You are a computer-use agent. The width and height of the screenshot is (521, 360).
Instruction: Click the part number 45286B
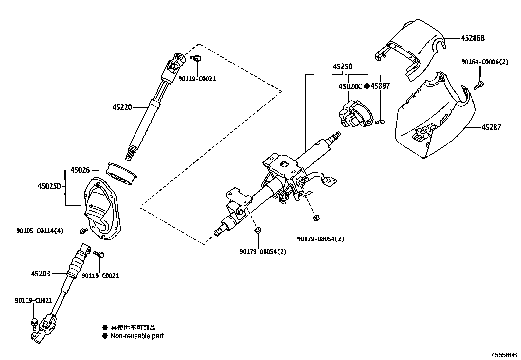(473, 38)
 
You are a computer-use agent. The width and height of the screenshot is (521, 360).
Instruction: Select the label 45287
(491, 127)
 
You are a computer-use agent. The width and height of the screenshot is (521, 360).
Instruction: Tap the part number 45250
(343, 67)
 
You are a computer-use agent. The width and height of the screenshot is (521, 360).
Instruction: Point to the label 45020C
(350, 86)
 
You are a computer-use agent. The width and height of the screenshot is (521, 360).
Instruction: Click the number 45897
(380, 86)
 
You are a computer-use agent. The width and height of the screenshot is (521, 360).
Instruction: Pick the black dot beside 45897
(367, 86)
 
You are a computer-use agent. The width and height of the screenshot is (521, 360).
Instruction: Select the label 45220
(122, 107)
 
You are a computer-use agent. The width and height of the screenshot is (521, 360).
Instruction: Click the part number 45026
(80, 170)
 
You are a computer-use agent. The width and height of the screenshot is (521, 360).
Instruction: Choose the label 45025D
(49, 187)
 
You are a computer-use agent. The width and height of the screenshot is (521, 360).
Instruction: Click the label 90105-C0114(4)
(40, 231)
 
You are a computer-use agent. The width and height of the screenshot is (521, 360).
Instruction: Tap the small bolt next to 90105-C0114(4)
(82, 231)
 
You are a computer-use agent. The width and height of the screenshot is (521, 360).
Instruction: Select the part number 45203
(41, 273)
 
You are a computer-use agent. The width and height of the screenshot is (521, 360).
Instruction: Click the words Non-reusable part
(137, 336)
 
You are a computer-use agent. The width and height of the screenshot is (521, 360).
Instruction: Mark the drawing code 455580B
(503, 355)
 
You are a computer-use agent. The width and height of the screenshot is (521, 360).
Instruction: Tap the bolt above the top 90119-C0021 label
(197, 58)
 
